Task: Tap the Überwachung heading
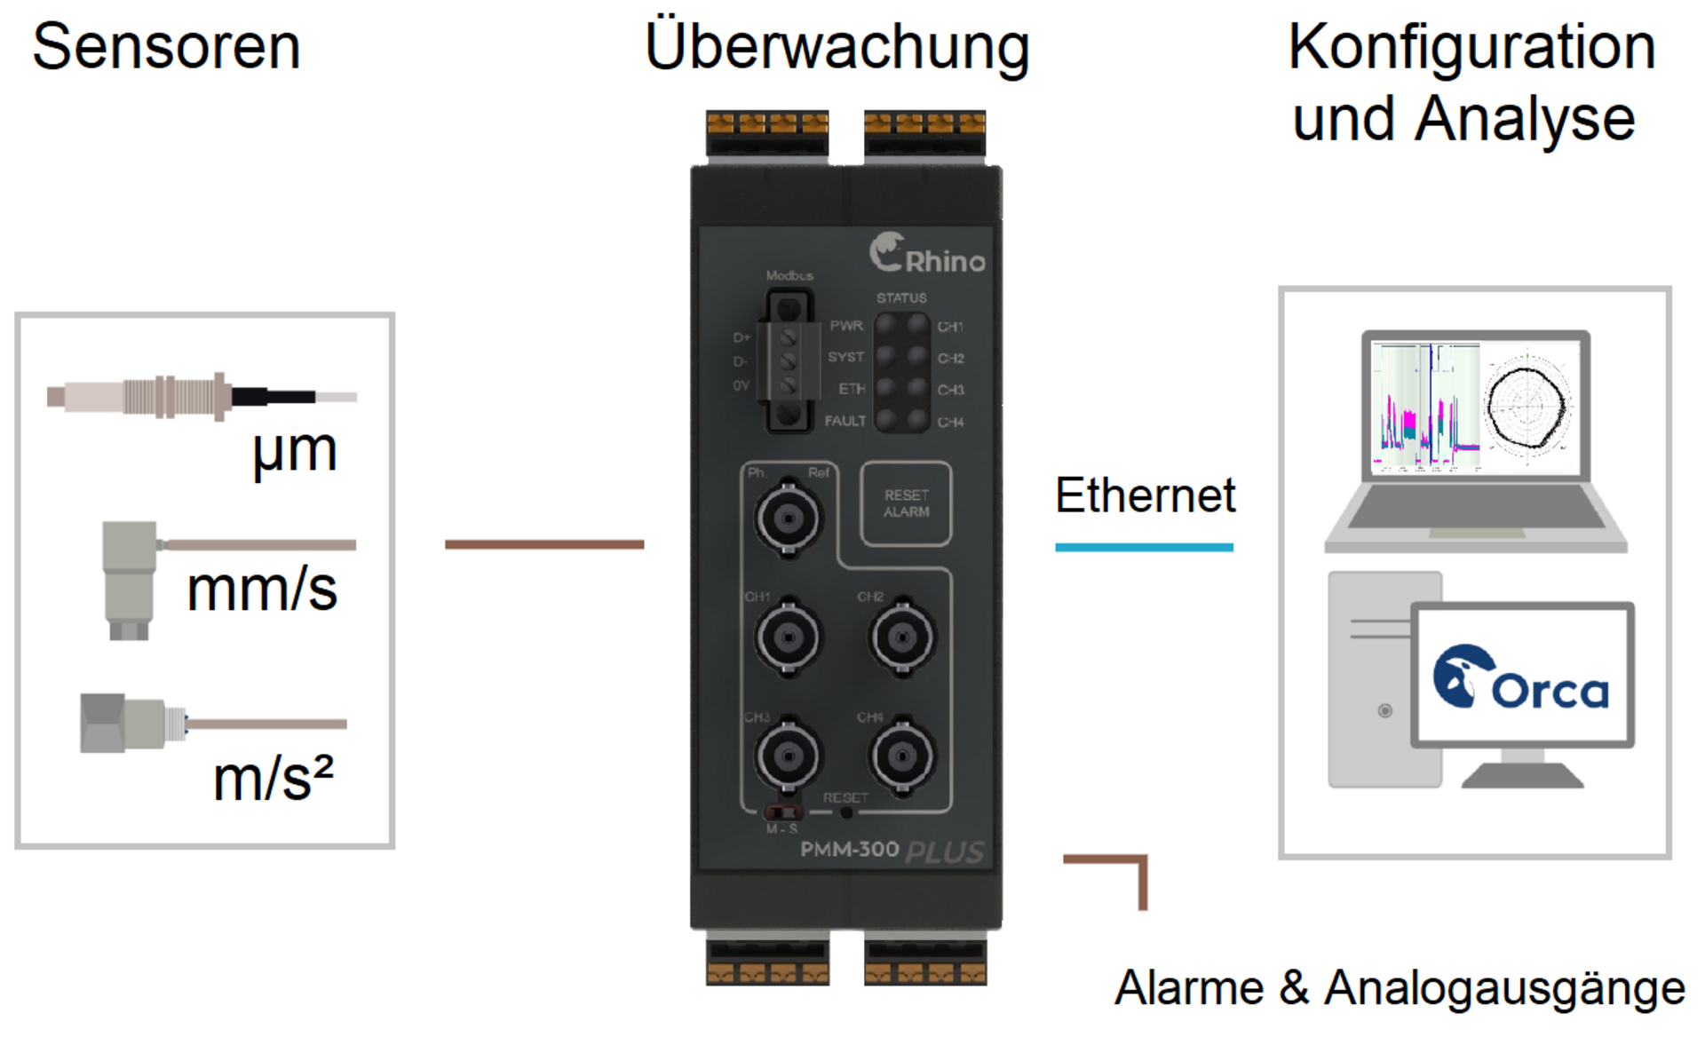(x=837, y=48)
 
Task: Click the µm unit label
(x=295, y=451)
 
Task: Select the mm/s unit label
(x=262, y=590)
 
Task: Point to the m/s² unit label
(x=273, y=779)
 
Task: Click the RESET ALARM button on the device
(x=906, y=503)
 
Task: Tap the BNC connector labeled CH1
(x=788, y=637)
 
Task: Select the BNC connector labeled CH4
(x=902, y=756)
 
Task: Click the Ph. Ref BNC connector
(x=788, y=517)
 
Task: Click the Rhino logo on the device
(x=927, y=255)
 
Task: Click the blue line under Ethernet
(x=1144, y=548)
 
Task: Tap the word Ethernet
(x=1145, y=495)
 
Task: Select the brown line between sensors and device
(x=543, y=544)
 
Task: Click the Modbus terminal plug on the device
(x=789, y=362)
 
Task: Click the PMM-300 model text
(x=850, y=850)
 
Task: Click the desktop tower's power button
(x=1384, y=711)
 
